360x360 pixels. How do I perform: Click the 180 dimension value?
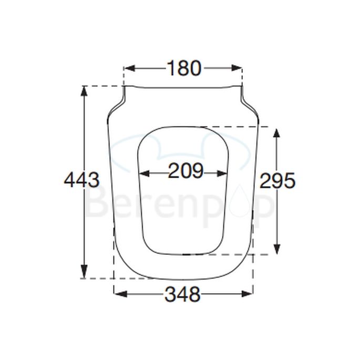[x=184, y=68]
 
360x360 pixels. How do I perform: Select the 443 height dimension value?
[x=81, y=181]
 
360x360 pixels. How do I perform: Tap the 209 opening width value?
[x=186, y=171]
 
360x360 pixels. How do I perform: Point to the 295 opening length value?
[x=277, y=181]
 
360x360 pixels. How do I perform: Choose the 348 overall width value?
[x=182, y=295]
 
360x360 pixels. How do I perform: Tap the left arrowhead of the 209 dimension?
[x=143, y=172]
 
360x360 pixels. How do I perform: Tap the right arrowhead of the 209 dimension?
[x=224, y=172]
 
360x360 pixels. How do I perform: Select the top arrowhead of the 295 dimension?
[x=277, y=132]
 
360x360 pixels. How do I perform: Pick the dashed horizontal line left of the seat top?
[x=103, y=86]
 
